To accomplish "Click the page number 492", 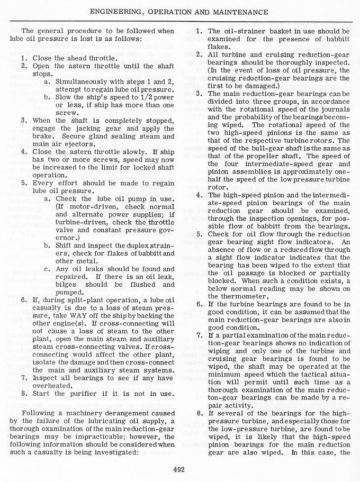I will pyautogui.click(x=180, y=467).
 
